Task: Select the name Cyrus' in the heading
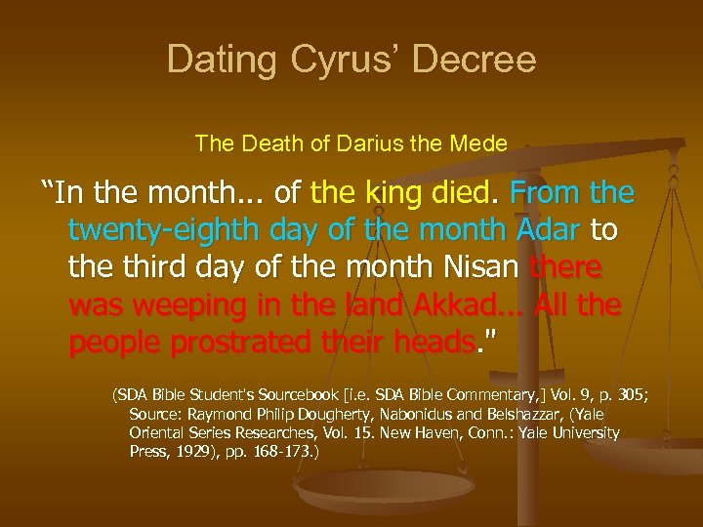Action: click(x=337, y=61)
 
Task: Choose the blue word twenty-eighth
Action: click(x=162, y=231)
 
